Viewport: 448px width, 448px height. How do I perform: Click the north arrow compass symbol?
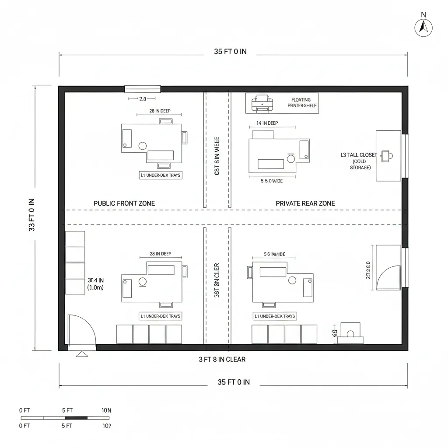(x=423, y=28)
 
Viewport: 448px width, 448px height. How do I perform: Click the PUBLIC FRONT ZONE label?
(x=124, y=203)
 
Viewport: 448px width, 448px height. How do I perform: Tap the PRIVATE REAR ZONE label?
(x=305, y=203)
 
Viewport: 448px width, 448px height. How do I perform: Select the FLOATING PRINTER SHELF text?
(x=301, y=103)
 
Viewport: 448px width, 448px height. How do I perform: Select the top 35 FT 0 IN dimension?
(x=230, y=52)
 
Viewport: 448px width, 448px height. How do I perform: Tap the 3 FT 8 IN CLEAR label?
(x=222, y=360)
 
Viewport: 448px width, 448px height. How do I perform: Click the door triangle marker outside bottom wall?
(x=82, y=354)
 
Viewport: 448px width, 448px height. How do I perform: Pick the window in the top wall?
(x=143, y=89)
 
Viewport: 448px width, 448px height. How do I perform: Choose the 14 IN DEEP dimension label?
(x=267, y=123)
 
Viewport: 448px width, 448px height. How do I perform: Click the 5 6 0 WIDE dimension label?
(x=271, y=181)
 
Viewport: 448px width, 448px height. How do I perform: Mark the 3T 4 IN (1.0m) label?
(x=95, y=284)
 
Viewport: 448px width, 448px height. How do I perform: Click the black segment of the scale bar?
(x=76, y=418)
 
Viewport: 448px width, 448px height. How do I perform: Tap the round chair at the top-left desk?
(x=142, y=146)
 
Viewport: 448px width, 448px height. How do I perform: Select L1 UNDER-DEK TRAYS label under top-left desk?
(x=160, y=175)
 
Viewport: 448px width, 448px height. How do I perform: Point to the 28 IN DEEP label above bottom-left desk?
(x=160, y=254)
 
